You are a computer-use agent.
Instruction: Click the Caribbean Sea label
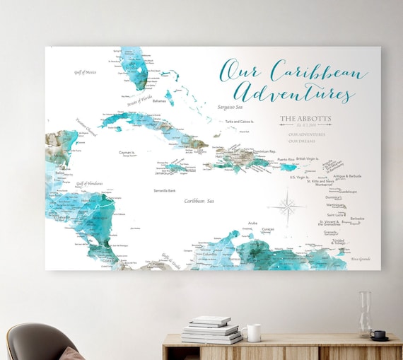click(199, 201)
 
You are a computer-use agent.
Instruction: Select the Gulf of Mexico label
click(88, 71)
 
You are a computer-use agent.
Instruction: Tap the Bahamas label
click(159, 101)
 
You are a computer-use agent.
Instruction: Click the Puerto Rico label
click(286, 160)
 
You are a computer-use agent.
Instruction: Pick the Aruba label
click(252, 223)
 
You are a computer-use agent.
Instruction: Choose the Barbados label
click(357, 219)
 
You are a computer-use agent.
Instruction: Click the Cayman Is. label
click(127, 151)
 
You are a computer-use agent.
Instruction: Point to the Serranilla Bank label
click(164, 190)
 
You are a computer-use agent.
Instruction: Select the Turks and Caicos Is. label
click(240, 121)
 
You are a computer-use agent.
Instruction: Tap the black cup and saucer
click(379, 335)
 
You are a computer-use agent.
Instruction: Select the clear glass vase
click(366, 314)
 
